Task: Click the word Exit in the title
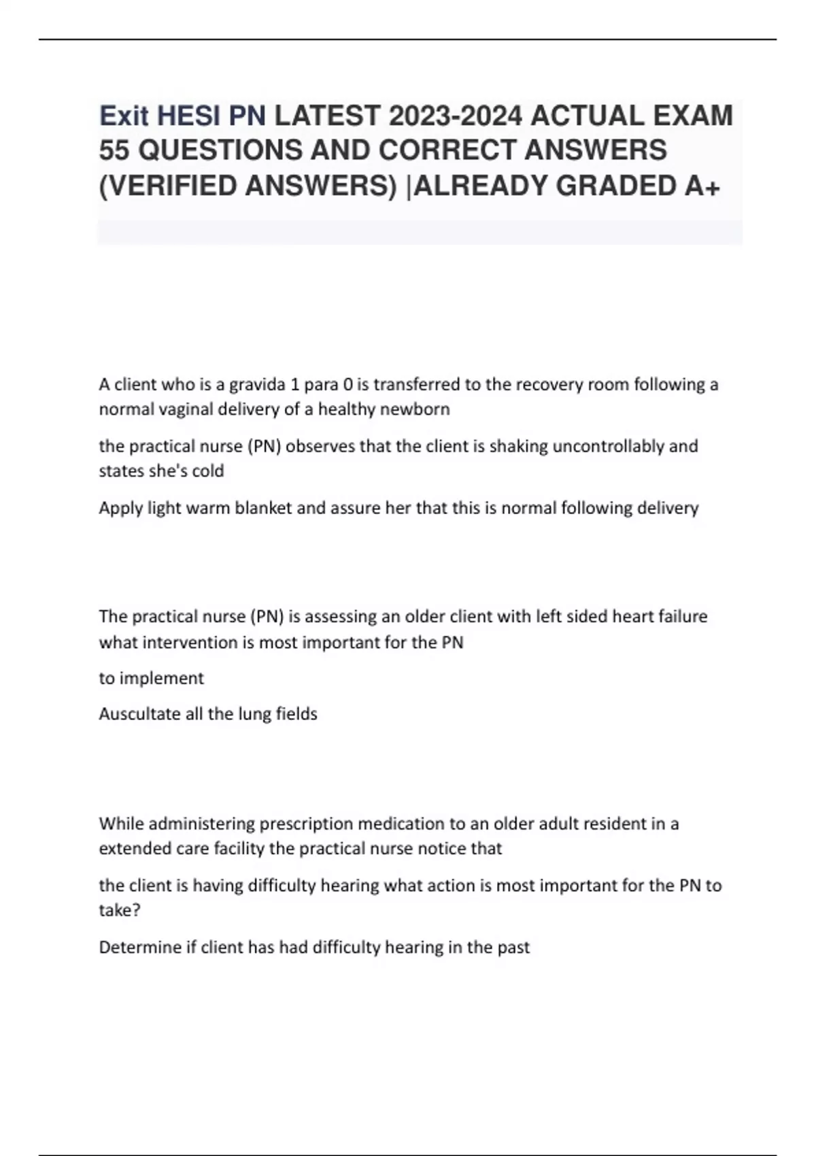point(124,116)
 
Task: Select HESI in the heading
point(190,116)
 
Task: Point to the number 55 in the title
point(114,150)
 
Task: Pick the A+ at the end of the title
point(701,186)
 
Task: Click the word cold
point(208,471)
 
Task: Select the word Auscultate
point(139,714)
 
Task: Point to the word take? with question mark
point(120,911)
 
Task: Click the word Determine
point(139,947)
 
